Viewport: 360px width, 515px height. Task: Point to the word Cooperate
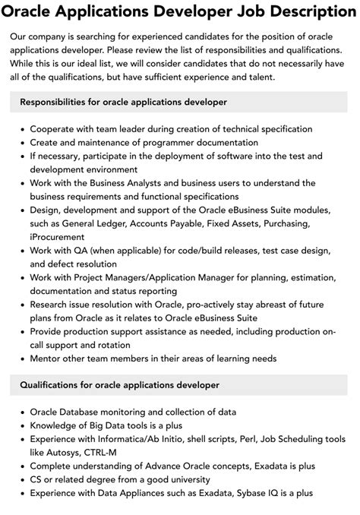55,129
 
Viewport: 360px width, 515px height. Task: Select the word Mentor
49,358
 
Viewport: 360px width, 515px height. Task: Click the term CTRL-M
106,453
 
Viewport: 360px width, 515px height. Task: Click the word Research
54,303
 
